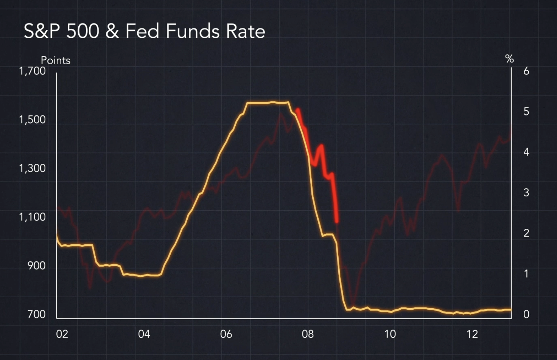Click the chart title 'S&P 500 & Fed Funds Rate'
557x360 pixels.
(144, 31)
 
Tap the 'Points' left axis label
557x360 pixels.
(55, 61)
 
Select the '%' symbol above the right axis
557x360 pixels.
(509, 59)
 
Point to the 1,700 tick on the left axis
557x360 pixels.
(32, 71)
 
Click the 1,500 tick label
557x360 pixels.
(32, 119)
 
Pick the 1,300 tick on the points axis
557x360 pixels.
(32, 168)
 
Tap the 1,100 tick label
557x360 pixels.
(32, 217)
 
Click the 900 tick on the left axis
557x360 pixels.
(36, 266)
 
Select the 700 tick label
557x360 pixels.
(36, 314)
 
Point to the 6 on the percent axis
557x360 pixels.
(526, 71)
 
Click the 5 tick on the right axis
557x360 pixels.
(526, 112)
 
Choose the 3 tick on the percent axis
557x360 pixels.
(526, 192)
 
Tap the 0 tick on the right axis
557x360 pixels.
(526, 314)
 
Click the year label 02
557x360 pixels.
(62, 334)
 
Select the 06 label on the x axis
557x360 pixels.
(226, 334)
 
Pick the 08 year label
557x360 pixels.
(308, 334)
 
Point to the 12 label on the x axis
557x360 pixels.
(472, 334)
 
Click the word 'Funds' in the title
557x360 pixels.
(193, 31)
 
